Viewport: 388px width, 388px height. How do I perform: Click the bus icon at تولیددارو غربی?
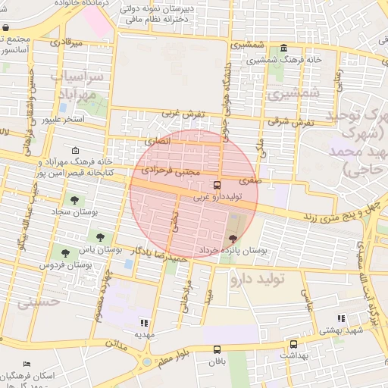(x=218, y=185)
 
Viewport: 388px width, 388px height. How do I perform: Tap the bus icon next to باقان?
(x=218, y=349)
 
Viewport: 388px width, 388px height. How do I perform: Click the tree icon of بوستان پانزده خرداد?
(x=232, y=239)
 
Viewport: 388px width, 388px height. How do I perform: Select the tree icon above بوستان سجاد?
(x=74, y=200)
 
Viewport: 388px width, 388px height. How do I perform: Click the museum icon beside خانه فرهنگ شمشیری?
(x=283, y=48)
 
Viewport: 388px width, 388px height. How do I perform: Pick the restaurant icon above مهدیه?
(x=145, y=323)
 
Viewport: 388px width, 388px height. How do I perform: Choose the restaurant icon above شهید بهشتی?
(x=339, y=320)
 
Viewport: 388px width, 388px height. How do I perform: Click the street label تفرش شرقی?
(x=289, y=122)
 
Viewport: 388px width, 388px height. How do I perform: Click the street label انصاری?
(x=158, y=141)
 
